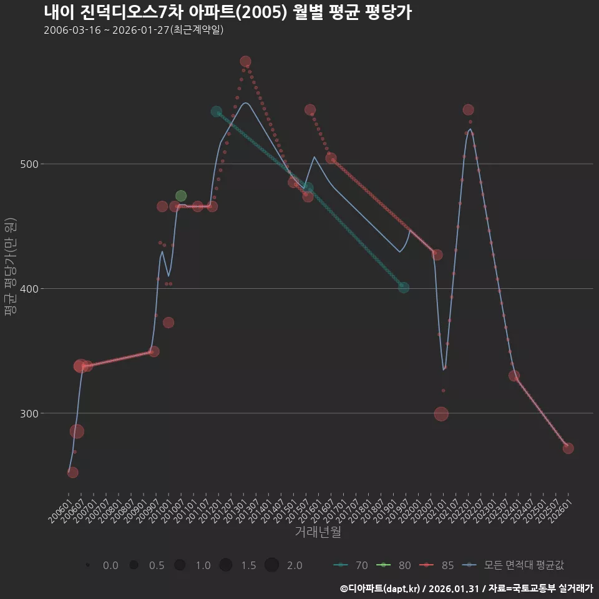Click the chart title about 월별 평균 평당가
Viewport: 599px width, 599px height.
[x=228, y=12]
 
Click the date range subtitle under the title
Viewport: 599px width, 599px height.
[x=134, y=31]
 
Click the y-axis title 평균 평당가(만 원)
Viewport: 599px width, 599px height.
[x=9, y=268]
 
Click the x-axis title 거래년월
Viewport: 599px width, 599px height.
[x=318, y=532]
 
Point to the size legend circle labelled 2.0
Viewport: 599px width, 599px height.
[x=271, y=565]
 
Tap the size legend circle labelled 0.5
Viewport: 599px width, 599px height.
[x=134, y=565]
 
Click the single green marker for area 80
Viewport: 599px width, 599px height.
[x=181, y=196]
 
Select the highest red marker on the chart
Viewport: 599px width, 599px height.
[x=246, y=61]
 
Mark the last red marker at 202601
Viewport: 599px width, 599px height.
[x=568, y=448]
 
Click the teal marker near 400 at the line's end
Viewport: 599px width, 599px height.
[x=404, y=288]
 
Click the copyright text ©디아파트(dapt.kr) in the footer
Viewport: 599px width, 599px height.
[x=381, y=588]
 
